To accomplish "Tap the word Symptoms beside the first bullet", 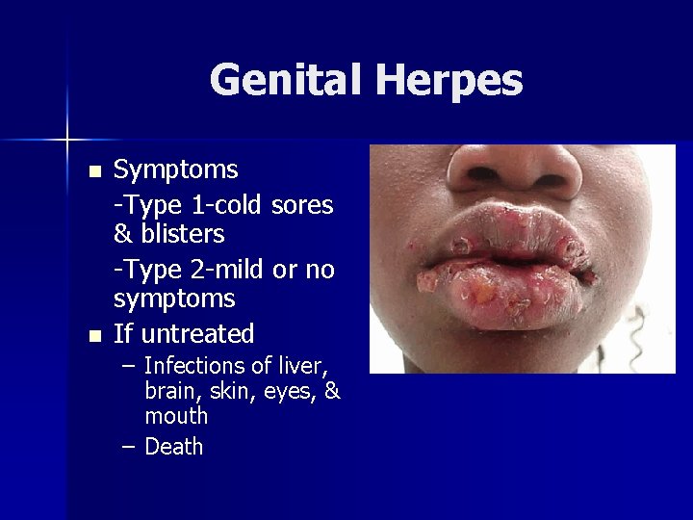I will (176, 170).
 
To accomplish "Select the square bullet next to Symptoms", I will (93, 172).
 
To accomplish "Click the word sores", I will (302, 204).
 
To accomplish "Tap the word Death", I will (173, 447).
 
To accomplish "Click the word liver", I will (303, 366).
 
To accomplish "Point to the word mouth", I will (176, 416).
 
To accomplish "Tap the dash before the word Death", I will (128, 447).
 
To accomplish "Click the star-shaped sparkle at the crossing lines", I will (68, 141).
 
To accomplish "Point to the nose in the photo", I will (515, 173).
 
